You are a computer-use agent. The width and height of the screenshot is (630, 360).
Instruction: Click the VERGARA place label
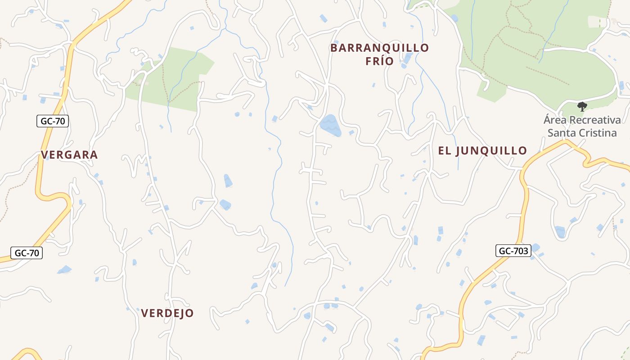(69, 155)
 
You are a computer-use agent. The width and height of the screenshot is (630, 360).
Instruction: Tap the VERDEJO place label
(167, 313)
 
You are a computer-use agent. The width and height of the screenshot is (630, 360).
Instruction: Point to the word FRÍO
(379, 61)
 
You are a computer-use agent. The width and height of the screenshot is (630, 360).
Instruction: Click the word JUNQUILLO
(491, 151)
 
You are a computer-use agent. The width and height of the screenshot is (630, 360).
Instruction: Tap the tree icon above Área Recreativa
(582, 107)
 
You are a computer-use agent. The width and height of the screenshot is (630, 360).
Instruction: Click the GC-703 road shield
(513, 251)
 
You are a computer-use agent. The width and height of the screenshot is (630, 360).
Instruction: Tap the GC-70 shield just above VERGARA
(53, 121)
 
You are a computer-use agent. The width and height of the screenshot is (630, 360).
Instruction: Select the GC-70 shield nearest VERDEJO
(27, 253)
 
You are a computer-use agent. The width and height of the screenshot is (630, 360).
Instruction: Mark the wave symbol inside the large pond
(330, 125)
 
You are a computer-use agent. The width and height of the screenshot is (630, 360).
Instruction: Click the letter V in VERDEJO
(145, 313)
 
